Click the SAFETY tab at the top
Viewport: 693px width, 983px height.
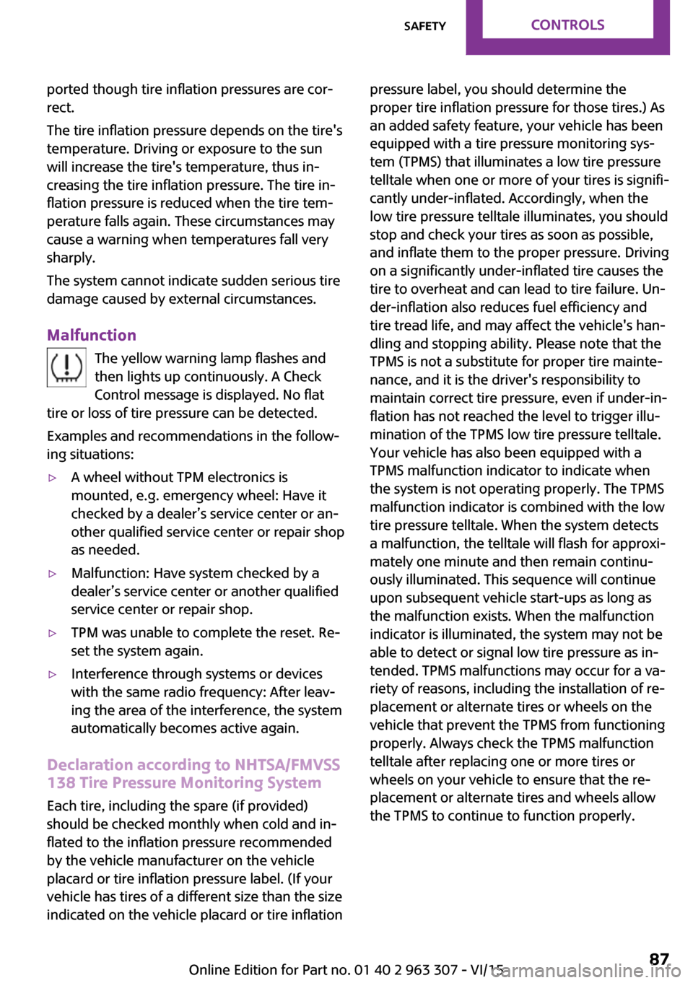coord(424,26)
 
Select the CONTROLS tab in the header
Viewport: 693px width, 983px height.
coord(567,25)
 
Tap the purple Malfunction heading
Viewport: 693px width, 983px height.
coord(92,335)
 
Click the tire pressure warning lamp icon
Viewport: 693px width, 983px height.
coord(66,367)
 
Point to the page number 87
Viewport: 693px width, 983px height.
coord(659,959)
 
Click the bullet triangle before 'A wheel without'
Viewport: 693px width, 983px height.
coord(52,478)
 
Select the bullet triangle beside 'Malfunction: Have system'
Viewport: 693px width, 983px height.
coord(52,574)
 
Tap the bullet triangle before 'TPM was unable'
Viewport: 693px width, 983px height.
coord(52,633)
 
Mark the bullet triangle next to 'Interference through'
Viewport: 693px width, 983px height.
coord(52,674)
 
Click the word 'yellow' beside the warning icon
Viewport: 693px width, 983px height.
coord(145,359)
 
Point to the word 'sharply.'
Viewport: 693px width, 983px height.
coord(71,258)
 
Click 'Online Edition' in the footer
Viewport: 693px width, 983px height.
coord(233,969)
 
